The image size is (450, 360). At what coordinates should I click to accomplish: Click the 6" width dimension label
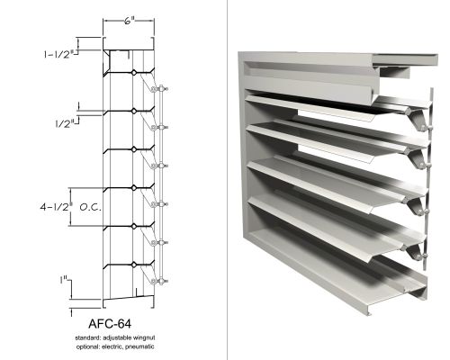129,21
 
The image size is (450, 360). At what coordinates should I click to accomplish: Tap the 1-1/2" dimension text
58,54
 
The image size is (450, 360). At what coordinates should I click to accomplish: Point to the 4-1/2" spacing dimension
56,207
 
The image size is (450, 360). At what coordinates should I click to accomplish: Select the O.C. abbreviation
91,207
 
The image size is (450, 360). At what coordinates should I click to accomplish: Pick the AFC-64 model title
110,324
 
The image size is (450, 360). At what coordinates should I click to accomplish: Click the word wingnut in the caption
144,337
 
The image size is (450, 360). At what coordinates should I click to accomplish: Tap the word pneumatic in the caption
139,346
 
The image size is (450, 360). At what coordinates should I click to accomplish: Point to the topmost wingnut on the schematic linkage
161,89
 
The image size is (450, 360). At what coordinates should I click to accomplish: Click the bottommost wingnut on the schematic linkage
161,281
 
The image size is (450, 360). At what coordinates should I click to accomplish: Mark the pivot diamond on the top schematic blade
134,72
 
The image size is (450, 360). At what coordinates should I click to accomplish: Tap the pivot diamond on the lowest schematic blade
134,265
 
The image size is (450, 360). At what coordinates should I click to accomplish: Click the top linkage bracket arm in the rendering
418,119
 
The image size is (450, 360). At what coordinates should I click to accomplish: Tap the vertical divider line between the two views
227,180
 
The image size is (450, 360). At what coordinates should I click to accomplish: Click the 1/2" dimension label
65,123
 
